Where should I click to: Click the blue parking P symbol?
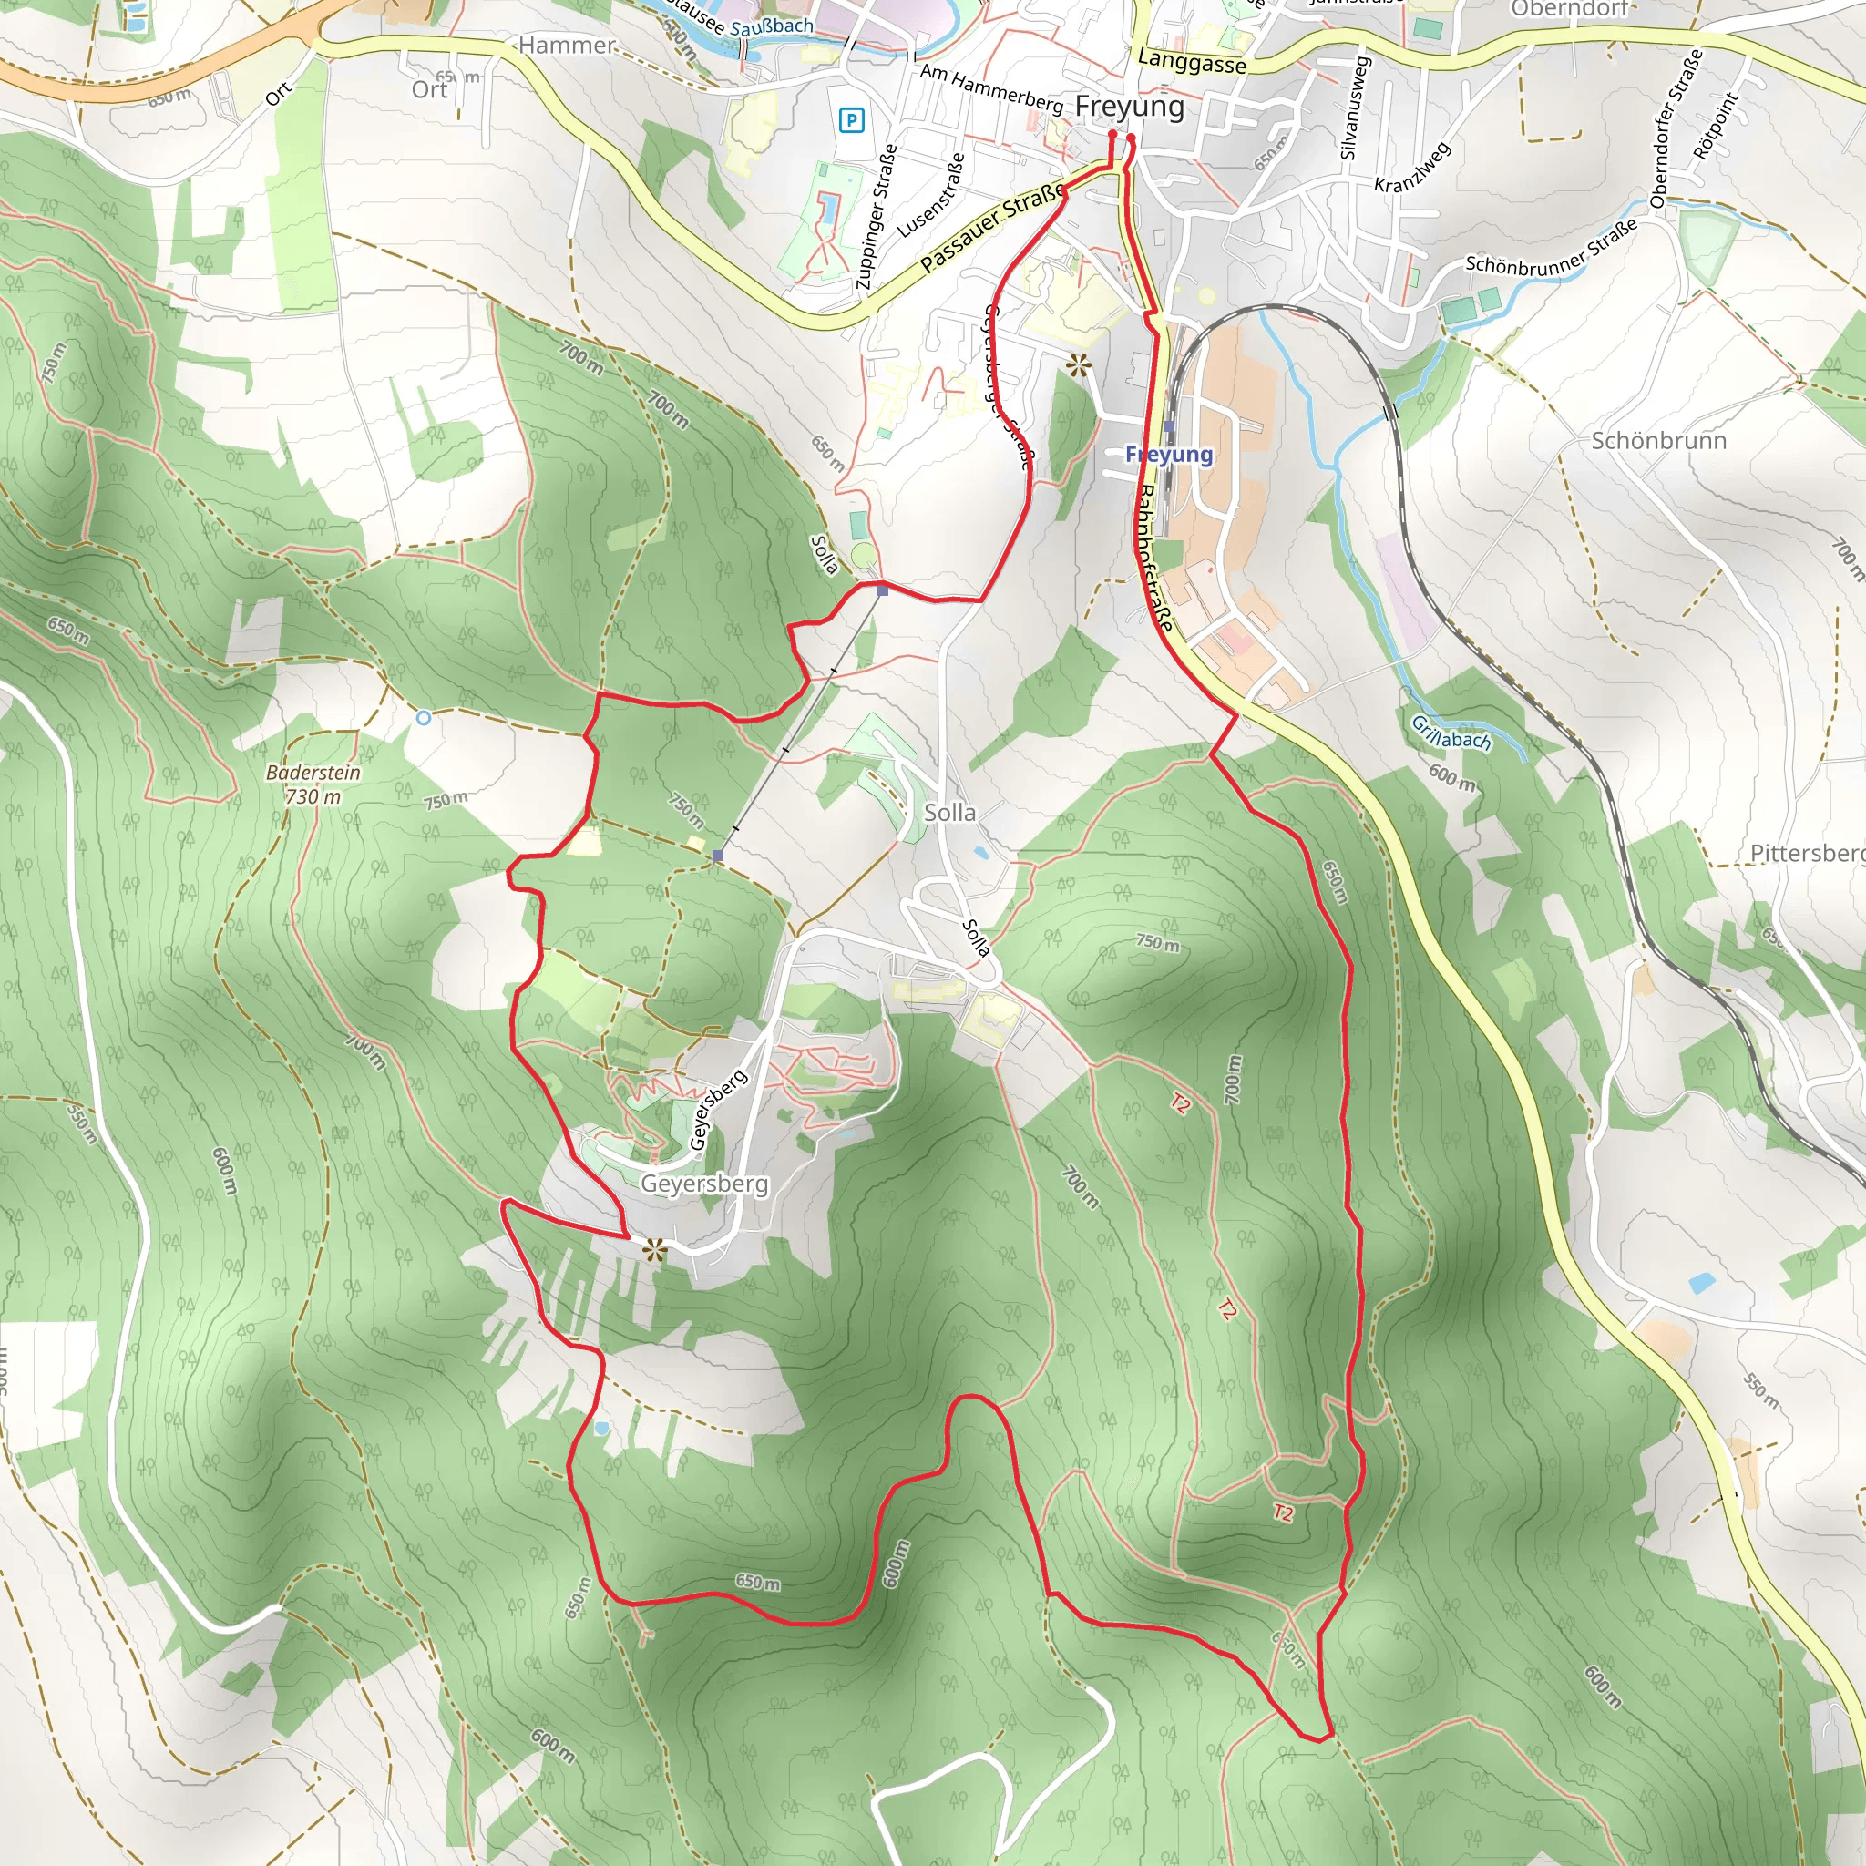[x=851, y=121]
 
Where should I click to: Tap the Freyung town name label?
[x=1129, y=107]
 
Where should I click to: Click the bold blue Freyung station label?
[x=1169, y=454]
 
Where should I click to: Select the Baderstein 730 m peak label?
[x=313, y=784]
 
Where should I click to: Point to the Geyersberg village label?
[x=704, y=1184]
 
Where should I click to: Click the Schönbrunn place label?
[x=1658, y=440]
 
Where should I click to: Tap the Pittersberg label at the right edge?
[x=1806, y=853]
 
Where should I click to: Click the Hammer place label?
[x=566, y=46]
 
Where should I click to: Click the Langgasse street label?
[x=1192, y=62]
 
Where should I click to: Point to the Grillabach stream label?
[x=1451, y=733]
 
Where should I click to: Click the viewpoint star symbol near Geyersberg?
[x=655, y=1251]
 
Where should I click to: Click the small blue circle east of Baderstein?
[x=423, y=718]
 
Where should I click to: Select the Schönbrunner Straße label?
[x=1551, y=247]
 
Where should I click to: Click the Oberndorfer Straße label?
[x=1675, y=129]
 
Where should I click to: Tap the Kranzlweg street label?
[x=1412, y=168]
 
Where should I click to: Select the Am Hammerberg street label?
[x=991, y=89]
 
